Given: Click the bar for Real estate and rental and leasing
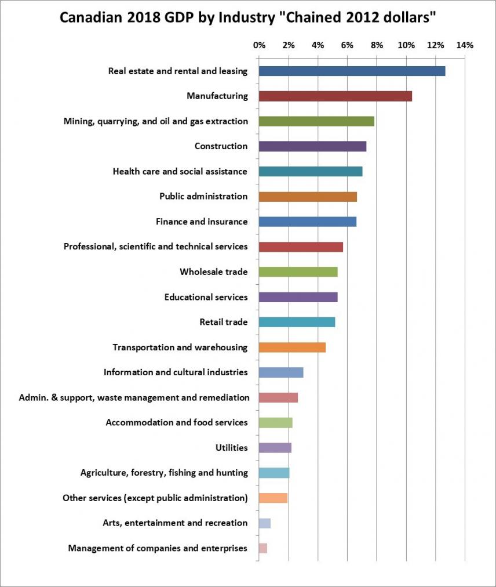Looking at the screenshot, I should coord(352,71).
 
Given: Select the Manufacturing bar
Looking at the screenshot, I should coord(335,96).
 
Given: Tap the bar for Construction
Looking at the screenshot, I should coord(312,146).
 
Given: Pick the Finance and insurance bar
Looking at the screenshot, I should coord(307,222).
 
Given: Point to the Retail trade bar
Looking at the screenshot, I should coord(297,322).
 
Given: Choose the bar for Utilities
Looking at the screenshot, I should coord(275,448).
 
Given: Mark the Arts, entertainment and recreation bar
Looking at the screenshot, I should coord(265,523).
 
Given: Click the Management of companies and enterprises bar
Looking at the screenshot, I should coord(263,548).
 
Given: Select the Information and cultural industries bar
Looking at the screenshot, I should coord(281,372).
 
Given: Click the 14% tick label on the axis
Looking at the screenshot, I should coord(465,45).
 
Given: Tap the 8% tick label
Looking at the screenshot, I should coord(377,45).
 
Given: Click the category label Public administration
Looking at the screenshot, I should coord(203,196).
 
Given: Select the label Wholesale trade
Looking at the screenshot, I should coord(213,271).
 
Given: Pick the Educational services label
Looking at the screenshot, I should coord(206,297).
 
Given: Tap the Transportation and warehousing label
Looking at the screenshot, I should coord(180,347).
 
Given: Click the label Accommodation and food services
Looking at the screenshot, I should coord(176,422).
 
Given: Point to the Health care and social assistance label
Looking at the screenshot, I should coord(180,171).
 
